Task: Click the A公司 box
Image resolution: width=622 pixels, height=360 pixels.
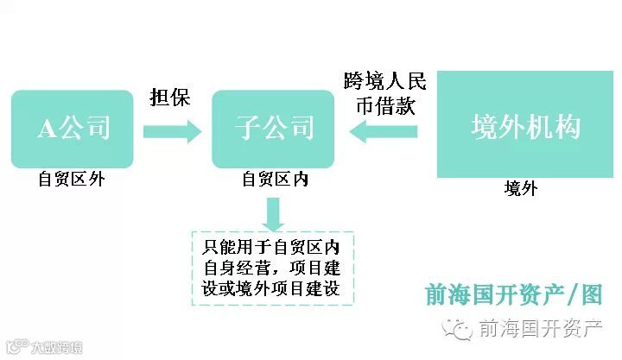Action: tap(73, 129)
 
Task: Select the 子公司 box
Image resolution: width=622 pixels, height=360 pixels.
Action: tap(274, 129)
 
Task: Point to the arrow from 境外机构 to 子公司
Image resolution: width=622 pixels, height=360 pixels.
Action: tap(384, 131)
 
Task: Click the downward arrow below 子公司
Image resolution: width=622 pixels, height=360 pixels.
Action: tap(274, 213)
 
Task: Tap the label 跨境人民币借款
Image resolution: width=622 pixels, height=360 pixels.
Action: tap(384, 93)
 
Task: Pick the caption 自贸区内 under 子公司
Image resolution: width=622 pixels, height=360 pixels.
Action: tap(274, 180)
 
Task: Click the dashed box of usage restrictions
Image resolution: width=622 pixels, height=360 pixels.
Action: tap(273, 268)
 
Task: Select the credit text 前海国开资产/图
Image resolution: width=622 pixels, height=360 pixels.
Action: tap(513, 295)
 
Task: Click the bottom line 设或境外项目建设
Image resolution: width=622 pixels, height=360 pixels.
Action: tap(273, 288)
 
